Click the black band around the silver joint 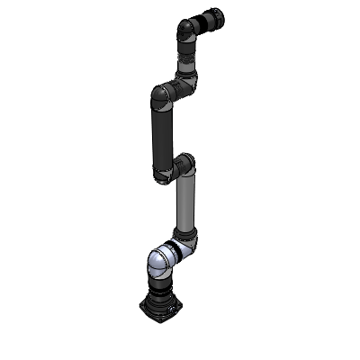coord(172,253)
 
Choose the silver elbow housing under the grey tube coord(190,243)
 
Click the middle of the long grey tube coord(185,202)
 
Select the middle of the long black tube coord(163,130)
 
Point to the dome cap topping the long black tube coord(161,93)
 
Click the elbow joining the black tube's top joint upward coord(186,85)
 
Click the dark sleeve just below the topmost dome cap coord(184,43)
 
